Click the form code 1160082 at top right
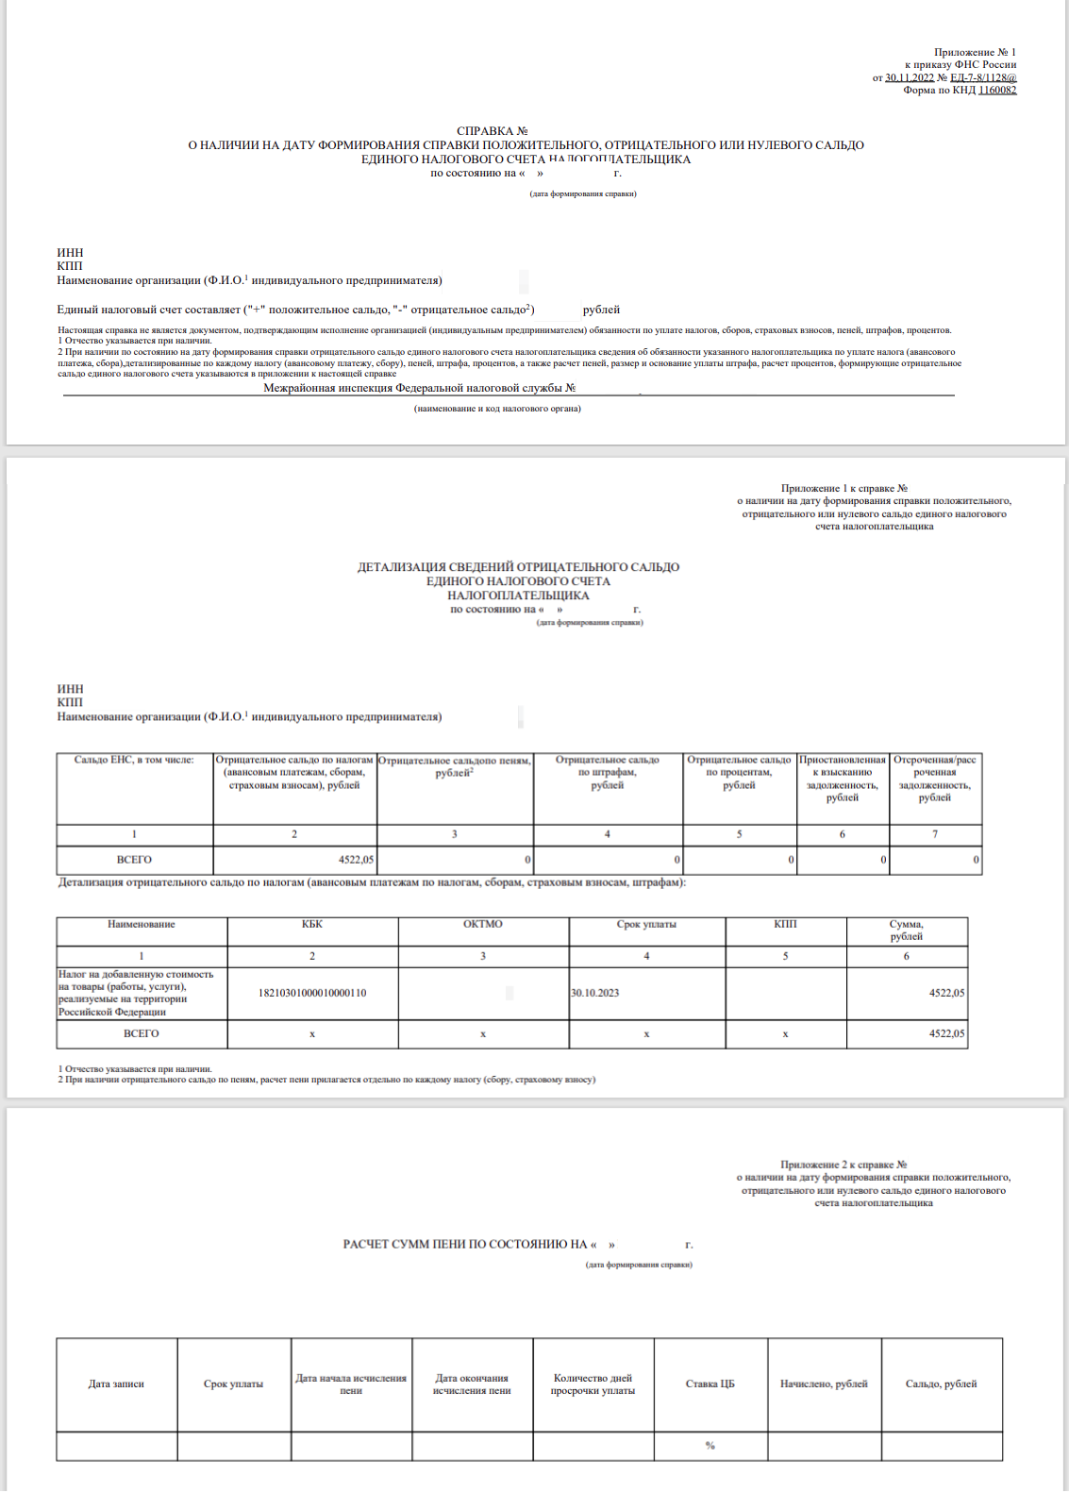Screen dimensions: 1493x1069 997,91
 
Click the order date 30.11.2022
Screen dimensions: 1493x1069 910,78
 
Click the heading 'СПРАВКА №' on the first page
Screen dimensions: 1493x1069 492,131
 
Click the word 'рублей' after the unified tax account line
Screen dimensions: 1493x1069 601,310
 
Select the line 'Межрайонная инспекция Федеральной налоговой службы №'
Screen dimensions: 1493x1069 419,388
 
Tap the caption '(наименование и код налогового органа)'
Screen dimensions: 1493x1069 497,409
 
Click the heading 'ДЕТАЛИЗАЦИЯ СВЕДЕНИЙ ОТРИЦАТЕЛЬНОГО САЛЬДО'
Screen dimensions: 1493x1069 518,567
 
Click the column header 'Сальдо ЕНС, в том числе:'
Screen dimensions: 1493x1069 134,760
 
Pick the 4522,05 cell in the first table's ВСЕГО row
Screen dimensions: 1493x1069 356,860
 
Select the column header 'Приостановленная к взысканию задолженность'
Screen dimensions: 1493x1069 843,779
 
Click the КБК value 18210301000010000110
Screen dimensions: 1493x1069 312,993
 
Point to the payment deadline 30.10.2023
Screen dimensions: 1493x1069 595,993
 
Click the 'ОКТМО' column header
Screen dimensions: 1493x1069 483,924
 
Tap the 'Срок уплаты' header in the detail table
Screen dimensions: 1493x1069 646,924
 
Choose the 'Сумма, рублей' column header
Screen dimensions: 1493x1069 906,931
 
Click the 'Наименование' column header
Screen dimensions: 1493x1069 142,924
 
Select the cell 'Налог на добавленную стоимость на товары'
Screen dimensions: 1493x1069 136,993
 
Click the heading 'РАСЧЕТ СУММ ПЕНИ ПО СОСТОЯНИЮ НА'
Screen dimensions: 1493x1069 465,1245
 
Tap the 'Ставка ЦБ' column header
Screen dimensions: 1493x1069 710,1384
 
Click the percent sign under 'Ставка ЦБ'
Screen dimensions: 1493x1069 710,1446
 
